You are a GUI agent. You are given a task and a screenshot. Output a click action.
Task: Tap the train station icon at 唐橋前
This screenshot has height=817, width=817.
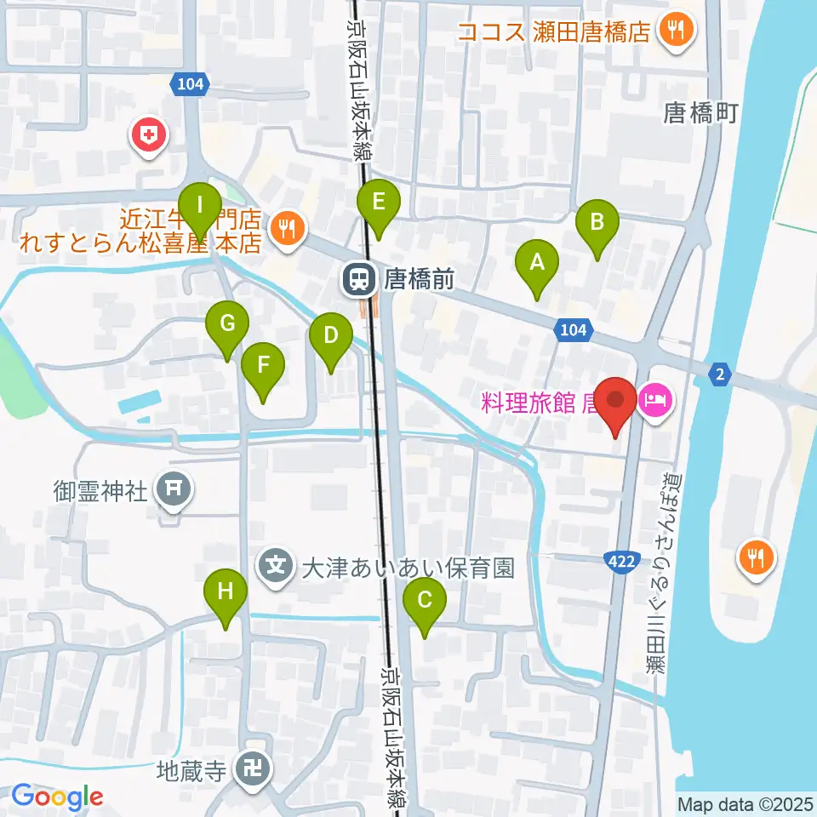(x=359, y=278)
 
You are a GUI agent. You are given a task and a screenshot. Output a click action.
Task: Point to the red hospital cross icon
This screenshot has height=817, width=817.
(x=150, y=134)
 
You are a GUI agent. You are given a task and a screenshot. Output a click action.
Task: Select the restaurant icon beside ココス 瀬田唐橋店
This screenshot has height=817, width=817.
(x=681, y=32)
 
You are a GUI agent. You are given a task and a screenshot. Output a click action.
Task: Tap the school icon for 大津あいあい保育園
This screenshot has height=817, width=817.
(x=277, y=565)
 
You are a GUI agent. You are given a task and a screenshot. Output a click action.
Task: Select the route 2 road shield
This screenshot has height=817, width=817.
(x=720, y=372)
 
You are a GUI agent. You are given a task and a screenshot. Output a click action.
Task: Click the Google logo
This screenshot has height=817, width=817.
(x=56, y=797)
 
